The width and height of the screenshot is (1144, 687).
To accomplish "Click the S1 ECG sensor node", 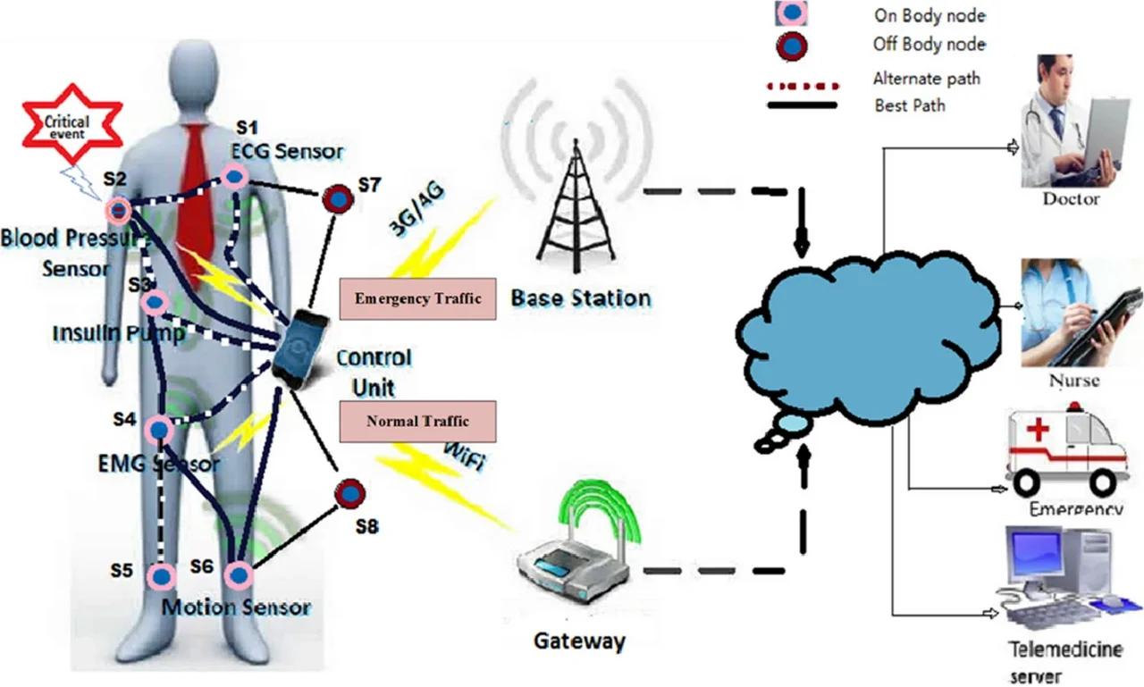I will click(x=234, y=177).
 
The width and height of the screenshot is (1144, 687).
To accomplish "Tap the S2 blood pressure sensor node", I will click(x=118, y=211).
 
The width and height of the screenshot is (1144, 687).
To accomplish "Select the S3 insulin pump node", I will click(x=155, y=303).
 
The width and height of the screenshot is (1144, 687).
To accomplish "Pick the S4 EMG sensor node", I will click(x=159, y=431).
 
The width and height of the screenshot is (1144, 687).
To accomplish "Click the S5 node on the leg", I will click(x=161, y=576).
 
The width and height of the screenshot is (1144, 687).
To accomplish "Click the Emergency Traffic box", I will click(x=417, y=298).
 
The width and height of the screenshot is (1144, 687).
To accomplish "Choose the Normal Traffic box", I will click(x=417, y=421).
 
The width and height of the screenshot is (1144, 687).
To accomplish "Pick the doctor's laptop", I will click(x=1105, y=130).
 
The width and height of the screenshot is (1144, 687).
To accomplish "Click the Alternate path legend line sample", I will click(x=803, y=87).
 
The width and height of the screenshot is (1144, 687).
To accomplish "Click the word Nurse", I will click(x=1073, y=381).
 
